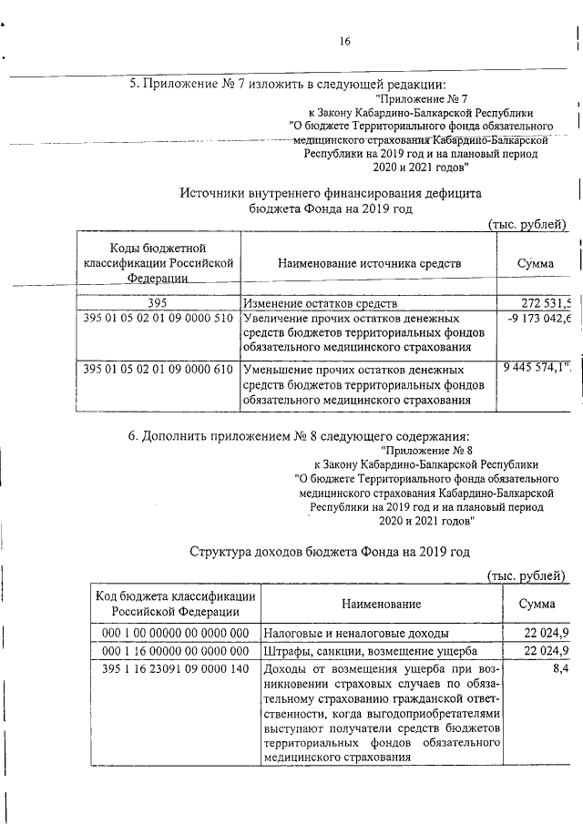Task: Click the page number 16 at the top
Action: tap(345, 41)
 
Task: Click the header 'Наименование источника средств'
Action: tap(370, 263)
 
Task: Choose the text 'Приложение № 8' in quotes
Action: tap(425, 450)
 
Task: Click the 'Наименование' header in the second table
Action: tap(382, 604)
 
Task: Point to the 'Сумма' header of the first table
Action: tap(536, 263)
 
